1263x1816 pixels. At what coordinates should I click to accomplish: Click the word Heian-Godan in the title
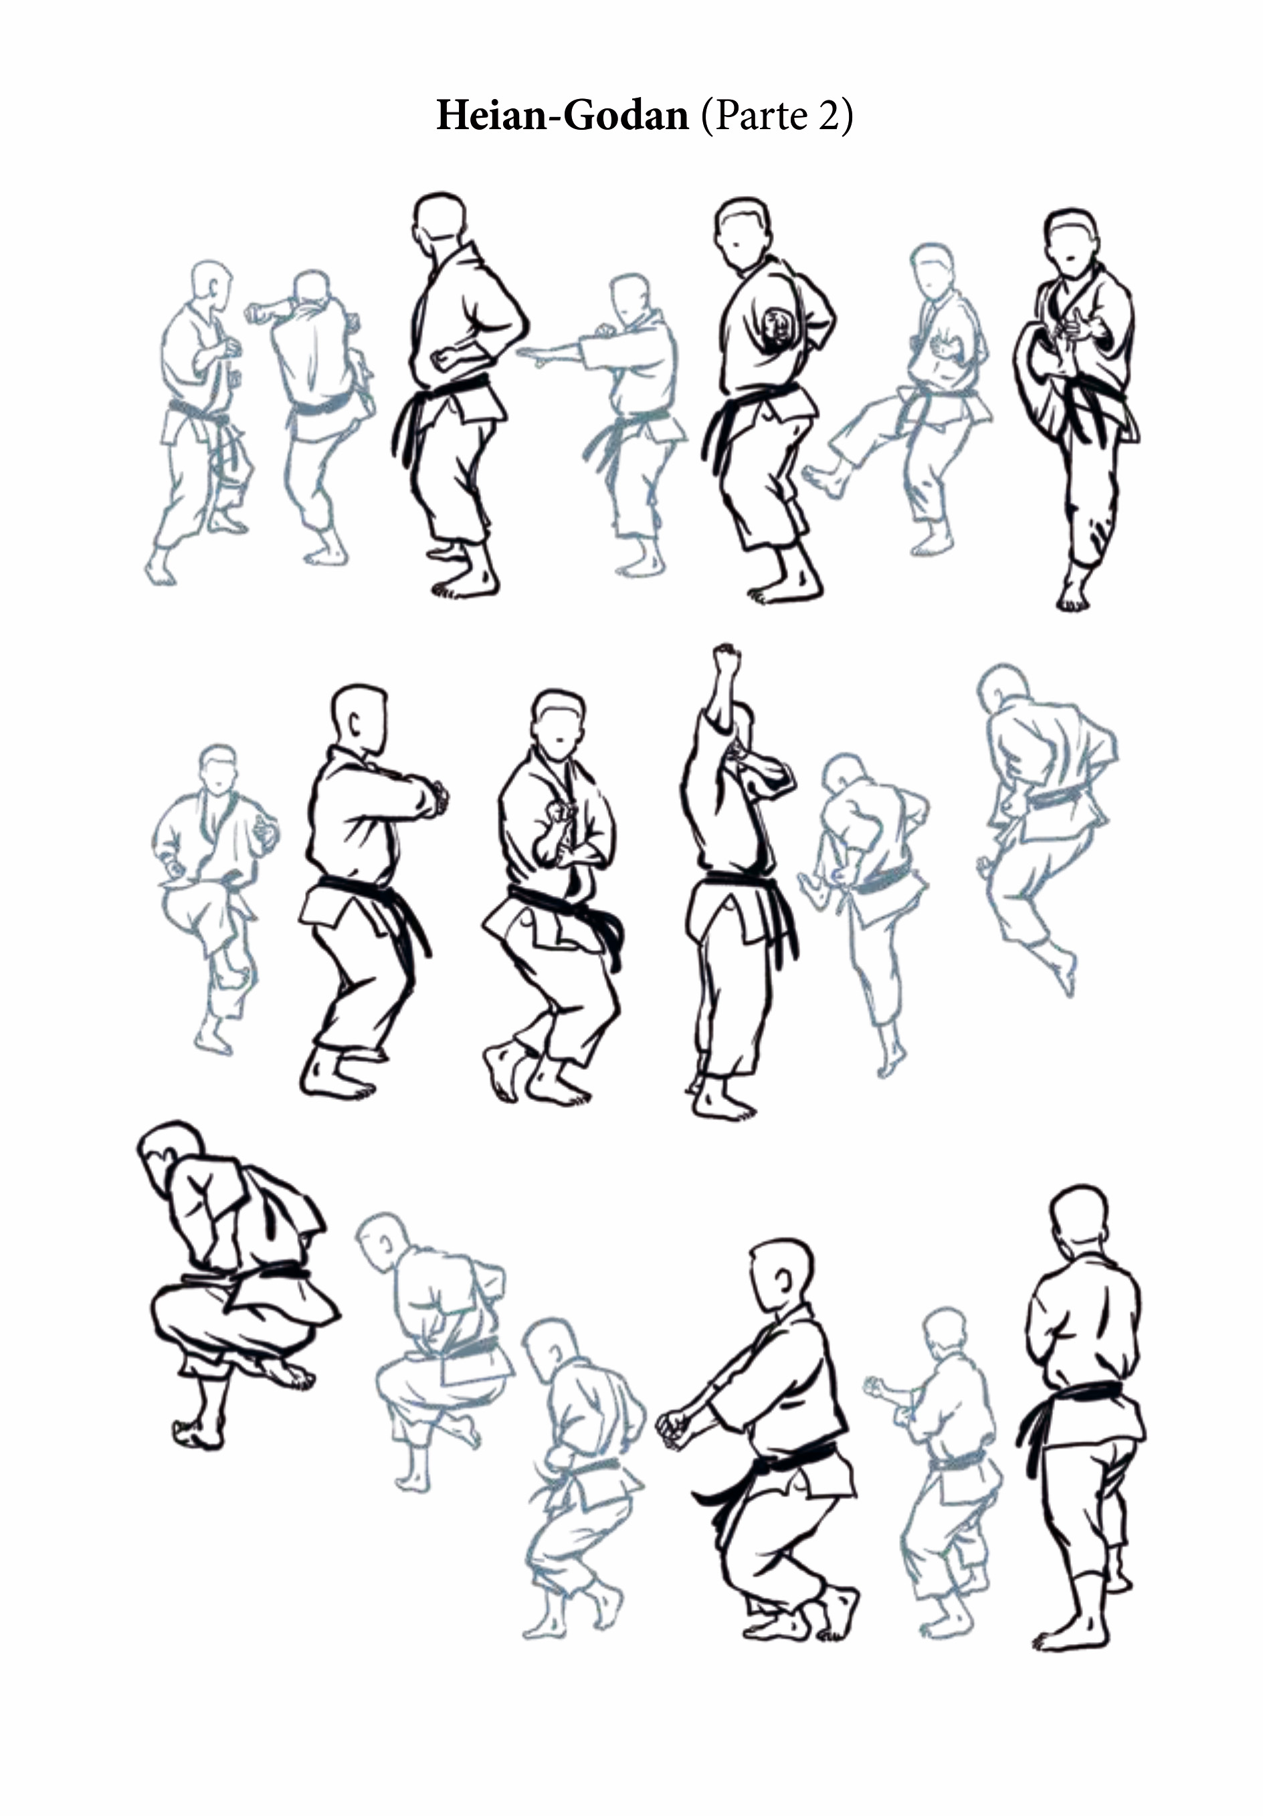[x=563, y=116]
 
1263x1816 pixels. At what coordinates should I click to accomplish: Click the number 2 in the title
[x=828, y=116]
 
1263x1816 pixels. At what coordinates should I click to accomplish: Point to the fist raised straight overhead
[x=725, y=659]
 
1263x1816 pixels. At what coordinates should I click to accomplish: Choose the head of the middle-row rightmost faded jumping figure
[x=1002, y=687]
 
